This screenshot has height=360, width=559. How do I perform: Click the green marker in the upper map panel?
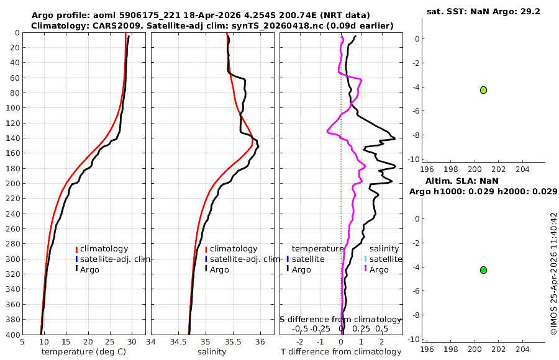(x=483, y=90)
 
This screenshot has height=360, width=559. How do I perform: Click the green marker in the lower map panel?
(x=483, y=270)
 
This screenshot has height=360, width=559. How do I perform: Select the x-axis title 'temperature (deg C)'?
(x=84, y=352)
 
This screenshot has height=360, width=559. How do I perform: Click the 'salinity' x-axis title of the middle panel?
(x=212, y=352)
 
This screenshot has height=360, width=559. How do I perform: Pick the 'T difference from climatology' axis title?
(x=341, y=352)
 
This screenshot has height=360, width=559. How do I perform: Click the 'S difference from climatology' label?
(x=340, y=320)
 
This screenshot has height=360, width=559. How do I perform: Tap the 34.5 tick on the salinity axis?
(x=178, y=342)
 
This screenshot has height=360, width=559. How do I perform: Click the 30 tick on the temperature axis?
(x=132, y=342)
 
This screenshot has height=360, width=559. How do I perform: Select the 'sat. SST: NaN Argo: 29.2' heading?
(x=483, y=12)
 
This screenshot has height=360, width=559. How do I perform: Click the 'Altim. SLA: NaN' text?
(x=462, y=181)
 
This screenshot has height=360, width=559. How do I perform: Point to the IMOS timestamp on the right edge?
(x=553, y=274)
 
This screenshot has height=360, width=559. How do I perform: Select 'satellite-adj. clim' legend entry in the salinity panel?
(x=245, y=259)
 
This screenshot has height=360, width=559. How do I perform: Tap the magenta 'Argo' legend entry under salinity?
(x=379, y=270)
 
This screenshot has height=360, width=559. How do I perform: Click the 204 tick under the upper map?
(x=522, y=169)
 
